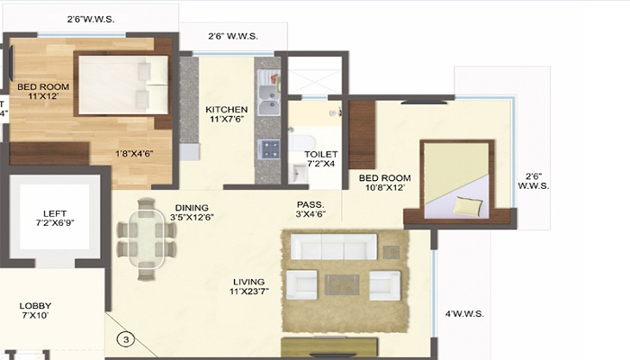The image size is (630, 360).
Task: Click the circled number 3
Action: coord(128,340)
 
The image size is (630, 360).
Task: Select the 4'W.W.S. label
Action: coord(464,314)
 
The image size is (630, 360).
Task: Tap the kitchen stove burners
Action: coord(267,148)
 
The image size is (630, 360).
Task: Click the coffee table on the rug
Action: coord(340,284)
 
